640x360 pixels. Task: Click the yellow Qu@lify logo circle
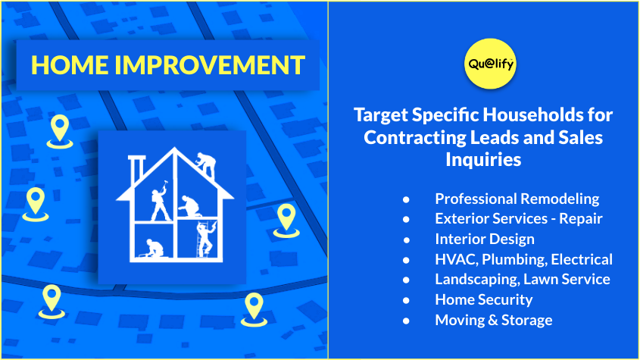(490, 64)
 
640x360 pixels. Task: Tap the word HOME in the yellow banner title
(70, 65)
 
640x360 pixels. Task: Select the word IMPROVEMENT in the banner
(210, 65)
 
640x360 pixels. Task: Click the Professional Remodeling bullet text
(517, 199)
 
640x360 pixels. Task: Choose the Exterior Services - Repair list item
(518, 218)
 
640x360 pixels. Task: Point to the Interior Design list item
(485, 239)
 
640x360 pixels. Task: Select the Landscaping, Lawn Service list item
(523, 280)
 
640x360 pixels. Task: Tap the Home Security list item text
(484, 300)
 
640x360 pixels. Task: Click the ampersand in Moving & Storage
(493, 320)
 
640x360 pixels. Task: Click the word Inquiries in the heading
(483, 159)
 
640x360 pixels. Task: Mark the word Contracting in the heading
(415, 137)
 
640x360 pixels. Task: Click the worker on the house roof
(206, 164)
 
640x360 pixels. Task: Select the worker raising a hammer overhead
(161, 201)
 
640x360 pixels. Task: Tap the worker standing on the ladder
(205, 239)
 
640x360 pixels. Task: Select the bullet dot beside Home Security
(406, 300)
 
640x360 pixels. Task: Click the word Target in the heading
(381, 115)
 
